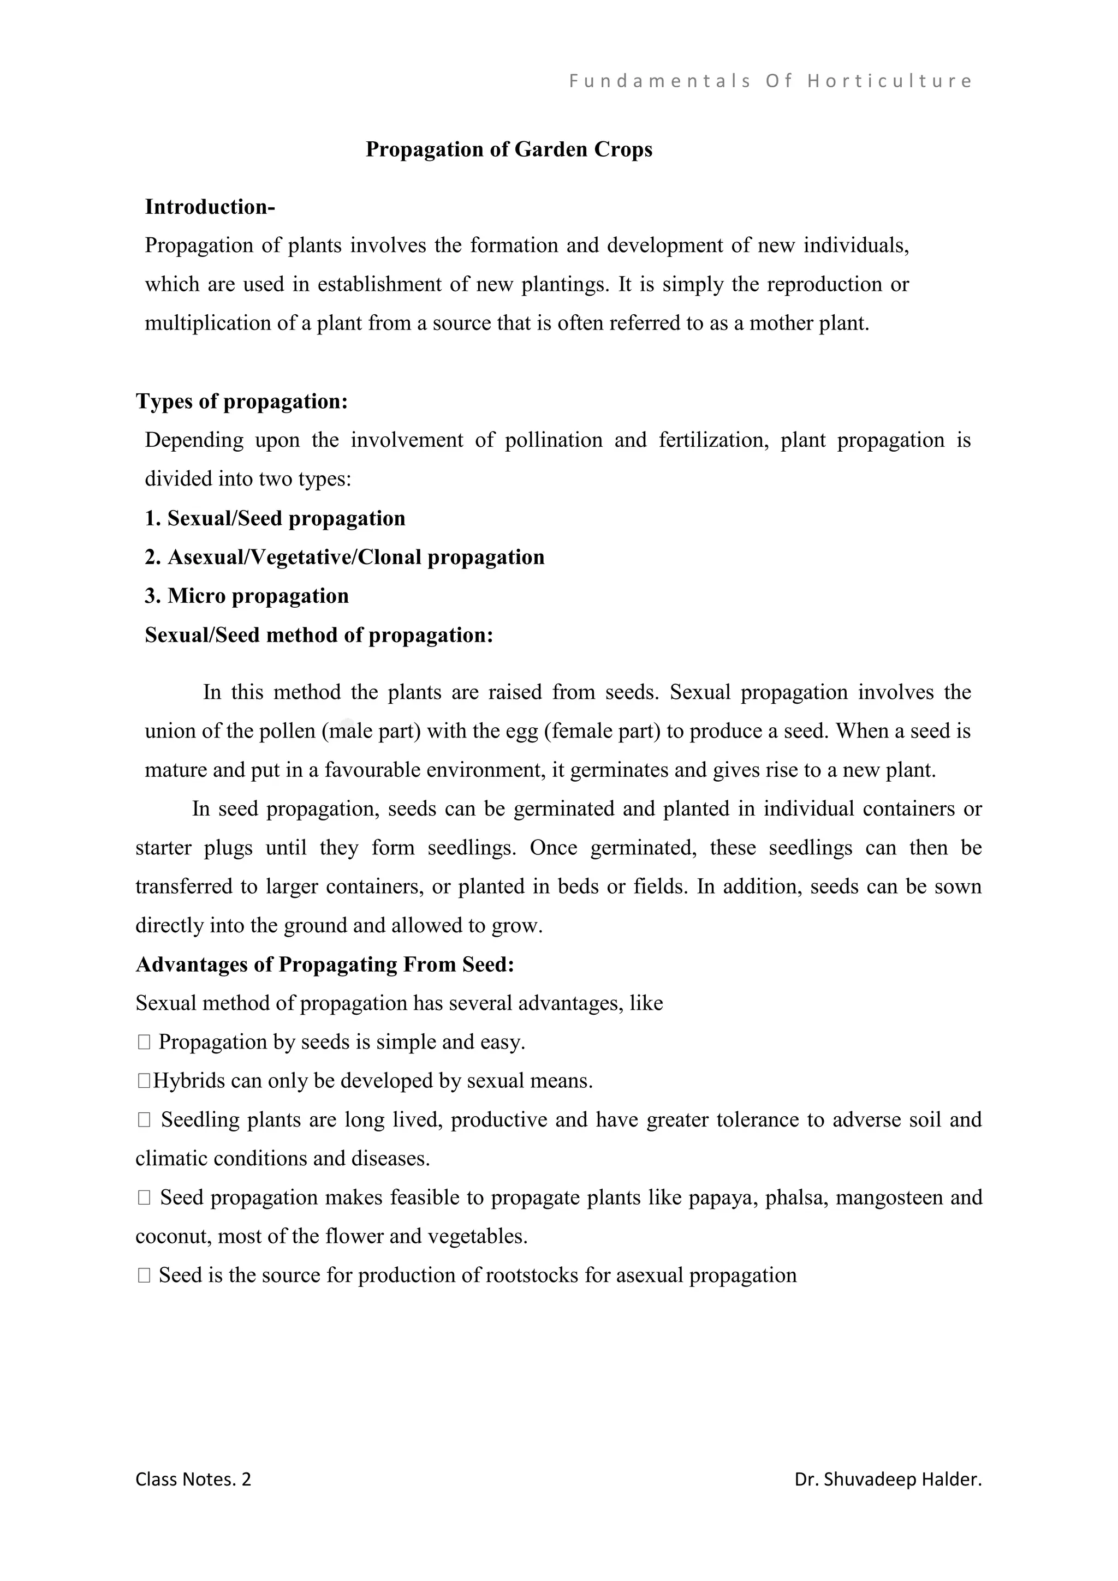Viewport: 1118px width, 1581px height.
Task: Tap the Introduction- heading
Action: click(x=210, y=207)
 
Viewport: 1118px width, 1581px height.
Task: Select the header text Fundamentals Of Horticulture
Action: click(x=770, y=81)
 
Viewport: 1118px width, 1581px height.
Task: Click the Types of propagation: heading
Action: click(x=241, y=401)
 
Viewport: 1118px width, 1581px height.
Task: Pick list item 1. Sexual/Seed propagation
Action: click(x=275, y=518)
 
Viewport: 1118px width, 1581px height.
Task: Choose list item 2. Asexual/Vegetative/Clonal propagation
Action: click(x=344, y=556)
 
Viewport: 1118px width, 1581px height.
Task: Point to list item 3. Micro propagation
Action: click(x=247, y=596)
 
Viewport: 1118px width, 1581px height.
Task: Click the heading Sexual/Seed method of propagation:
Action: click(x=319, y=635)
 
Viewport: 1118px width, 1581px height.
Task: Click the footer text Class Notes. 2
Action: click(x=193, y=1479)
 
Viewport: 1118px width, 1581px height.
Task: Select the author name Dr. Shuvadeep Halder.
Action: click(x=887, y=1479)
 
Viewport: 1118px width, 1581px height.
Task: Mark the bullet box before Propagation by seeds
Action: click(x=144, y=1043)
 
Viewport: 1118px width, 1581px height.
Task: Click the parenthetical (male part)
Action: click(x=371, y=730)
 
